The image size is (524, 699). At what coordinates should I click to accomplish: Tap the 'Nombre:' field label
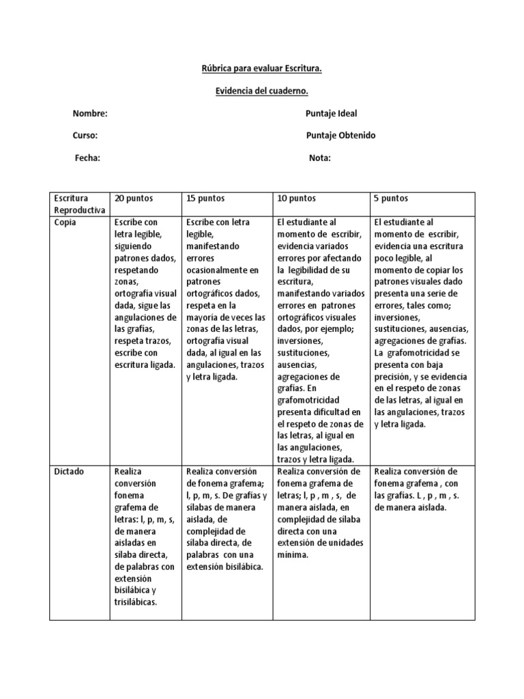point(90,113)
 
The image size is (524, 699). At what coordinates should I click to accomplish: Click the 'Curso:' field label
point(85,135)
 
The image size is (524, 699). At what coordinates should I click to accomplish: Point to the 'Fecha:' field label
point(87,158)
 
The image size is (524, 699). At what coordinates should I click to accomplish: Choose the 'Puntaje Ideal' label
point(332,113)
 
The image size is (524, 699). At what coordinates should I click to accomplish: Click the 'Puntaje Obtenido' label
point(340,135)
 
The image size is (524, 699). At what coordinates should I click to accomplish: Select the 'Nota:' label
point(320,158)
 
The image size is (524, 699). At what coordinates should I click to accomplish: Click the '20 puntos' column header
point(134,199)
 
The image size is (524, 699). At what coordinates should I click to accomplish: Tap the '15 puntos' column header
point(205,199)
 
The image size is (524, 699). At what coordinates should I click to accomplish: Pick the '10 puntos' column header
point(296,199)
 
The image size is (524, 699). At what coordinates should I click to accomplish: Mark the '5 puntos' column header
point(392,199)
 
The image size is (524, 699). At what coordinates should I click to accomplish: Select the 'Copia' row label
point(65,223)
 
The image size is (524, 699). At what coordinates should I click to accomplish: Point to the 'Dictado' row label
point(69,472)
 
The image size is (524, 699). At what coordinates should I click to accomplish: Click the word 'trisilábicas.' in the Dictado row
point(136,602)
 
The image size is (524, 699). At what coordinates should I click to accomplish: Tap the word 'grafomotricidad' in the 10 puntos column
point(308,400)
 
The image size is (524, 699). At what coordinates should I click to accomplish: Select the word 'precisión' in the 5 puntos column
point(394,365)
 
